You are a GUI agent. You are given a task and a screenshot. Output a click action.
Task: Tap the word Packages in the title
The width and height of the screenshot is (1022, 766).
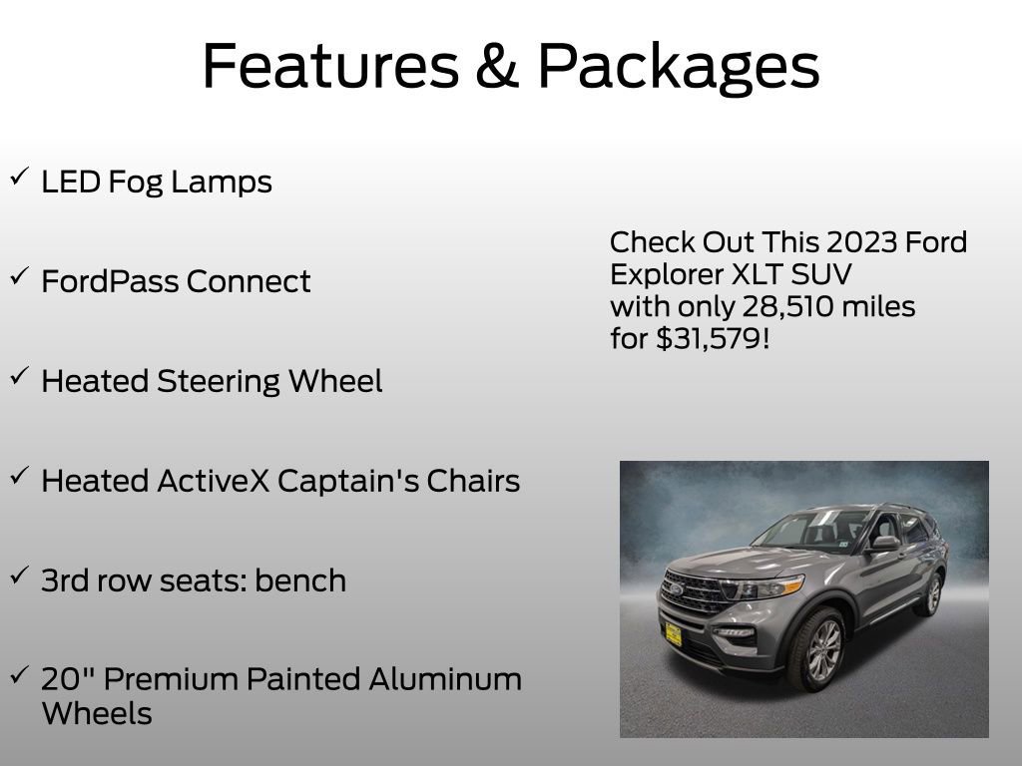click(x=679, y=67)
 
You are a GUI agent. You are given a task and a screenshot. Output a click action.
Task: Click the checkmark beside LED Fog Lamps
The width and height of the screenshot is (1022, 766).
click(x=19, y=178)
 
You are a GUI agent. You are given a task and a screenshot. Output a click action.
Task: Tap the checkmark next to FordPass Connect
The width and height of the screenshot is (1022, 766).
click(x=19, y=277)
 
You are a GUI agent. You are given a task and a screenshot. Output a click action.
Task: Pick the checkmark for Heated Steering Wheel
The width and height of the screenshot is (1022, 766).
click(x=19, y=377)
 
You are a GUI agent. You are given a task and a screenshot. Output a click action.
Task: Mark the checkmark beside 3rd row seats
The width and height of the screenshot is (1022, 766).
click(x=19, y=576)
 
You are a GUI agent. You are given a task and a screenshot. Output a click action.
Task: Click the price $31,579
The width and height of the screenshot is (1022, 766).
click(x=713, y=339)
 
